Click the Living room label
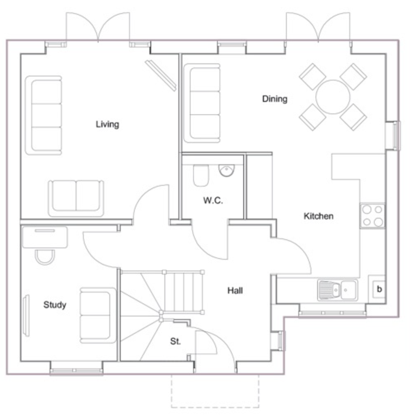[x=107, y=124]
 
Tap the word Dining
[x=275, y=99]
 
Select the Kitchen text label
[x=318, y=216]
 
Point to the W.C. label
[x=213, y=200]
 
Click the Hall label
[x=235, y=291]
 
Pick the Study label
[x=55, y=305]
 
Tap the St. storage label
[x=175, y=341]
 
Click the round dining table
[x=333, y=97]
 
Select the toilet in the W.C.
[x=201, y=176]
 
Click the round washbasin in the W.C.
[x=227, y=170]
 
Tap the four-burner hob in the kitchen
[x=372, y=216]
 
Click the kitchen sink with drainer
[x=337, y=290]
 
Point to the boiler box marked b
[x=379, y=289]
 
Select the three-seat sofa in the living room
[x=44, y=116]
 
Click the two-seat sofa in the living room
[x=76, y=198]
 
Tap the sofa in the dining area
[x=202, y=103]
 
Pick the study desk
[x=45, y=237]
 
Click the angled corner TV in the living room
[x=161, y=75]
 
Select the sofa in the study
[x=98, y=315]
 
